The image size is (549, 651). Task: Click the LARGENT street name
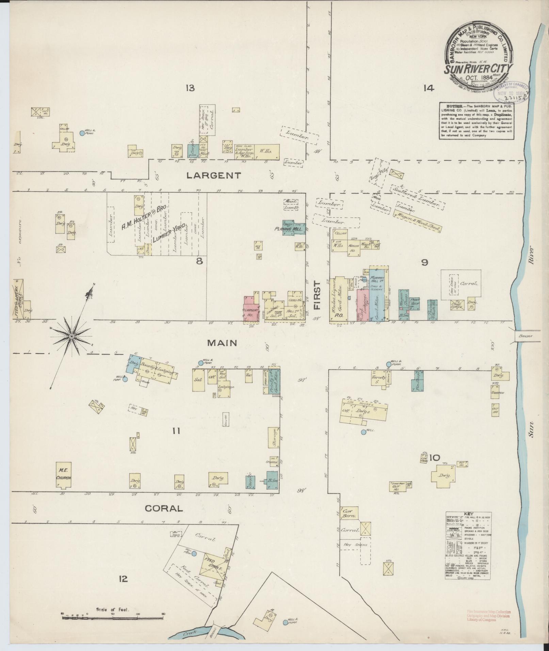[213, 176]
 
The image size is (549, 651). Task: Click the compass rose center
[72, 337]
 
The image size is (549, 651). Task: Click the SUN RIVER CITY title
[478, 69]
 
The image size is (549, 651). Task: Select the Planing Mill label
[289, 229]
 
